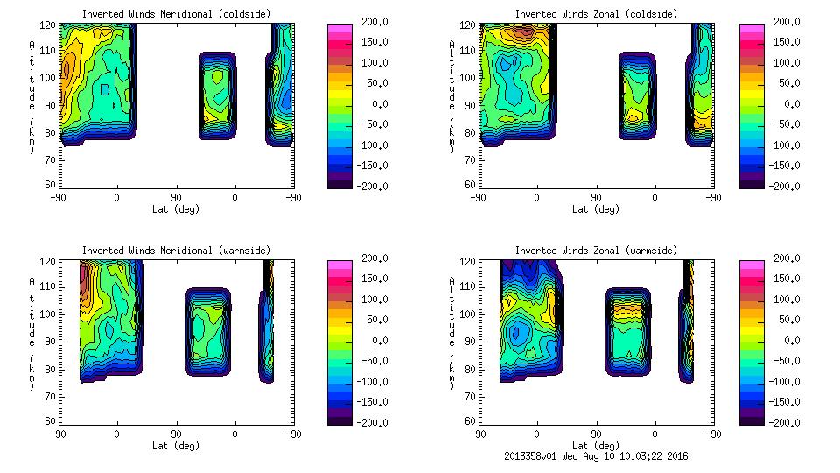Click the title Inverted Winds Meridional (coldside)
tap(176, 14)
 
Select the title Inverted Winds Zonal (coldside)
tap(596, 14)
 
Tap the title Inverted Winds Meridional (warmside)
tap(176, 251)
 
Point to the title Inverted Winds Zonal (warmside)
tap(596, 251)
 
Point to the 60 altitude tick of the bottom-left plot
tap(51, 421)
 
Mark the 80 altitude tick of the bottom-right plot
tap(471, 368)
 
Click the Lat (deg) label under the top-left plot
tap(176, 209)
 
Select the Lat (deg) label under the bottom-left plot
tap(176, 446)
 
